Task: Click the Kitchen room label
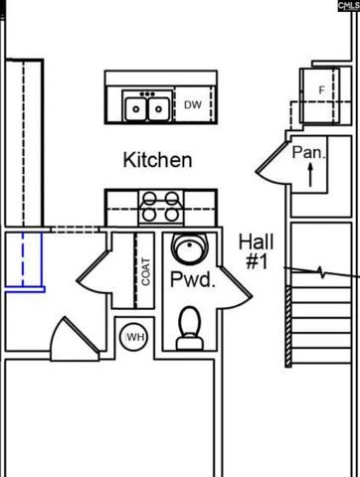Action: (x=157, y=159)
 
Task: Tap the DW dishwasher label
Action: (x=192, y=104)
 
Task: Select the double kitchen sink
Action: (x=146, y=105)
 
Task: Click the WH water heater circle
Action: (x=134, y=338)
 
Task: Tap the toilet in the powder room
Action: (x=189, y=329)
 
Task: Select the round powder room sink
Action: (x=187, y=247)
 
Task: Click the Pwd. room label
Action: (x=192, y=280)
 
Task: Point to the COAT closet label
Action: (x=145, y=271)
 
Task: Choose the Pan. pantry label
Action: (x=308, y=153)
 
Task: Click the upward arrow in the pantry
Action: (x=309, y=177)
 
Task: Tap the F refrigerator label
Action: (x=321, y=90)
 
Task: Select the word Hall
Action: (x=256, y=240)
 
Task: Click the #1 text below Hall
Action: (x=256, y=261)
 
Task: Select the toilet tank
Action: (x=189, y=343)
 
